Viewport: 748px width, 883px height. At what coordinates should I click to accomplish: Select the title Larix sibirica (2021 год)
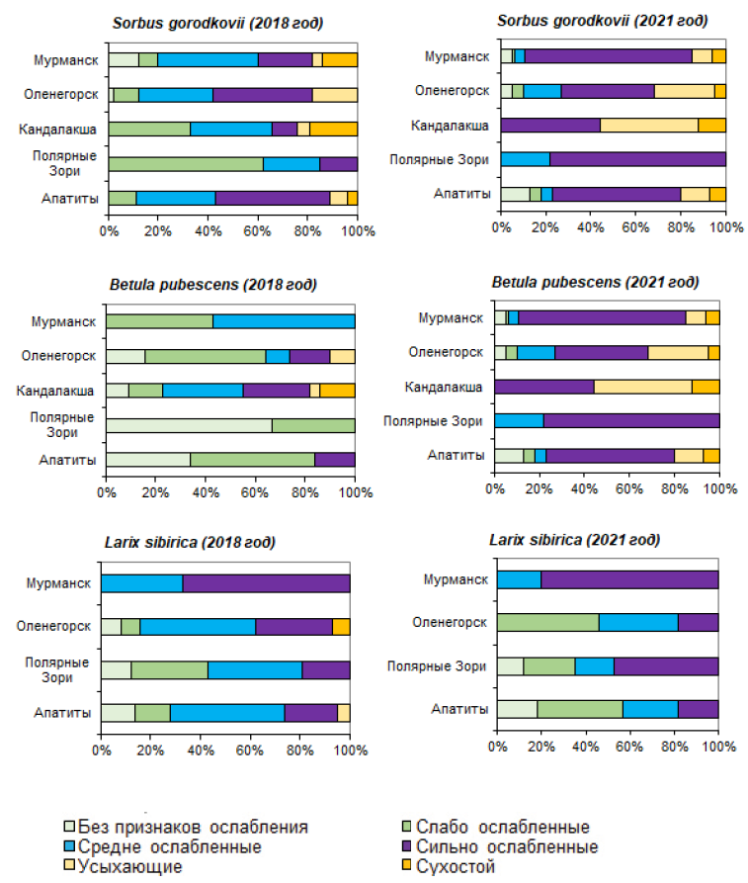click(575, 540)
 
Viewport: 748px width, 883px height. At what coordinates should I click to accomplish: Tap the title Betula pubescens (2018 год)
click(212, 285)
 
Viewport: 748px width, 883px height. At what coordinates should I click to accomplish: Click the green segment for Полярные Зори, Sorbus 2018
click(186, 164)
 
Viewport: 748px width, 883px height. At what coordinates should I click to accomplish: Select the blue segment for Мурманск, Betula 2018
click(284, 321)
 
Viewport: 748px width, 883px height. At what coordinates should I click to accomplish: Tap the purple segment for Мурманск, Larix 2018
click(266, 583)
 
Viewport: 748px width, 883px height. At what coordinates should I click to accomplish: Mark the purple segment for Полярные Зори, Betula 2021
click(631, 421)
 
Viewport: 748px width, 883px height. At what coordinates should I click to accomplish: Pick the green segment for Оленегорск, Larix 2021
click(547, 622)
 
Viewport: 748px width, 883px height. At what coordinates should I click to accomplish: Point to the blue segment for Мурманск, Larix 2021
click(519, 579)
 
